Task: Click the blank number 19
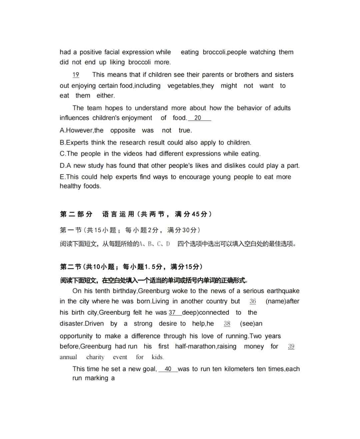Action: pyautogui.click(x=76, y=75)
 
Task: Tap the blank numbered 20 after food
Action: pyautogui.click(x=198, y=118)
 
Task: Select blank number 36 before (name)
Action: pyautogui.click(x=253, y=301)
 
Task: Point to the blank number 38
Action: pyautogui.click(x=227, y=324)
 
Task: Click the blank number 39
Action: pyautogui.click(x=291, y=347)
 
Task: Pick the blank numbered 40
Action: pyautogui.click(x=168, y=369)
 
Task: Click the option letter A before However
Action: pyautogui.click(x=62, y=130)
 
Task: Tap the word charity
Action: pyautogui.click(x=95, y=357)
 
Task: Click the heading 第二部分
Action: pyautogui.click(x=76, y=214)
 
